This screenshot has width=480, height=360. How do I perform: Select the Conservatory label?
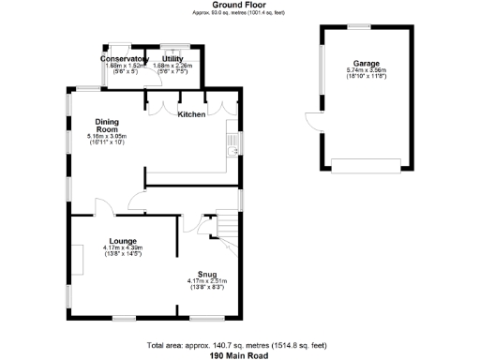tap(125, 59)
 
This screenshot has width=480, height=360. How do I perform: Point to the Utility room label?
tap(172, 59)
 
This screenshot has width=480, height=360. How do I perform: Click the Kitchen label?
tap(192, 114)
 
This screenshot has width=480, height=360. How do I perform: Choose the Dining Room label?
tap(107, 126)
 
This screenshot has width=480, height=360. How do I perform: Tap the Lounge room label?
tap(123, 241)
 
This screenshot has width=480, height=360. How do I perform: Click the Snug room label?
tap(207, 274)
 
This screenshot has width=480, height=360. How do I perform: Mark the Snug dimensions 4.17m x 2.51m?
tap(207, 281)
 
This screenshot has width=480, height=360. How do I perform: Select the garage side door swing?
tap(312, 122)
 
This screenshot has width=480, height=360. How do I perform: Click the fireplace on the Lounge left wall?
tap(77, 259)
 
